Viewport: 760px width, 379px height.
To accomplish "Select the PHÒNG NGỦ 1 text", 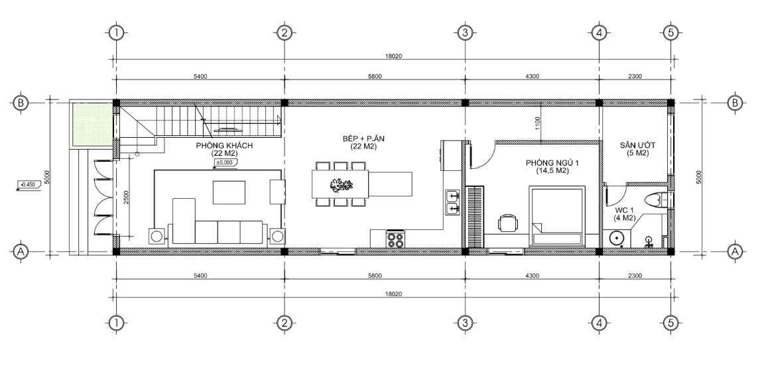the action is coord(552,163).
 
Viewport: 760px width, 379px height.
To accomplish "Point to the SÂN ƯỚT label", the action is coord(637,145).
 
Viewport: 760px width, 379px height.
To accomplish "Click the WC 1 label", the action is coord(625,210).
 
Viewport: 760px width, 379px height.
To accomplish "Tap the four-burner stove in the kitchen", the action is coord(395,240).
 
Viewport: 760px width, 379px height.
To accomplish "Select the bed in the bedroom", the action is coord(557,217).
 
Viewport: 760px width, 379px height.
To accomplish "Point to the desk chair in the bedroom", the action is coord(507,224).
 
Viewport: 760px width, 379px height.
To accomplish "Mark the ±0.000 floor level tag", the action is coord(224,163).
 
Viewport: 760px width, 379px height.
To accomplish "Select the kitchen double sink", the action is coord(452,202).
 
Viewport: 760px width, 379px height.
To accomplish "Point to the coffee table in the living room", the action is coord(229,192).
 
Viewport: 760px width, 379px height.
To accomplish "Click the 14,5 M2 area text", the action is coord(552,171).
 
